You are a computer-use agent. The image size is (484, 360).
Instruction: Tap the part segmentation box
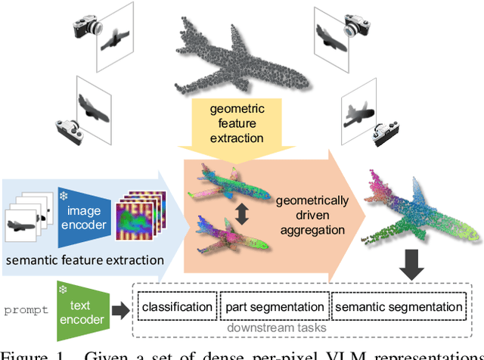click(x=273, y=306)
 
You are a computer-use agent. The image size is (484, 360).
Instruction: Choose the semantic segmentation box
click(x=398, y=306)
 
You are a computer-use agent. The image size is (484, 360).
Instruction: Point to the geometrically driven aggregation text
click(x=312, y=215)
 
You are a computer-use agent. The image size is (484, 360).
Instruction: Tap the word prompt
click(x=25, y=309)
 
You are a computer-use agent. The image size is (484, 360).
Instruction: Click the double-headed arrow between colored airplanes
click(x=242, y=214)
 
